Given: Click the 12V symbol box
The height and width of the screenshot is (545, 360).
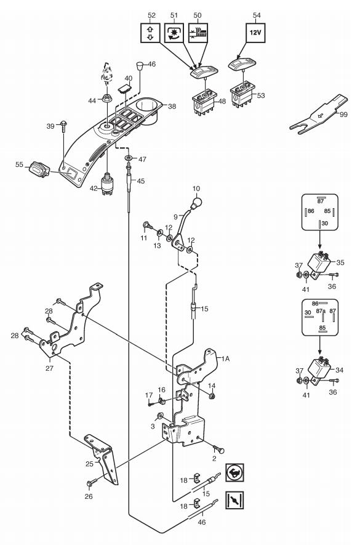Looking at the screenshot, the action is coord(255,33).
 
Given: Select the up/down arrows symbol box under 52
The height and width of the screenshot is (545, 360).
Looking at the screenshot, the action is coord(150,33).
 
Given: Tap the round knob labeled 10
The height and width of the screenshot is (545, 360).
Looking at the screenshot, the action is coord(197,202).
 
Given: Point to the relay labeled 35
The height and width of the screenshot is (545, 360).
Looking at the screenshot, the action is coord(318,260).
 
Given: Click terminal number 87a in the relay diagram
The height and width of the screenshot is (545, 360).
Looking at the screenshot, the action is coord(321,311).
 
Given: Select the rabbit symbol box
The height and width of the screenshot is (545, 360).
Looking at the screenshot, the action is coord(234,472).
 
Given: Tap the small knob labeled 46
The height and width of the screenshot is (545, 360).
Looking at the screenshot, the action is coord(140,66).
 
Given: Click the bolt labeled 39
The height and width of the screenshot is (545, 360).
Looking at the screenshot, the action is coord(63,126).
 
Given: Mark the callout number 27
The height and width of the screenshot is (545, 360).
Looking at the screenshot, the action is coord(49,368).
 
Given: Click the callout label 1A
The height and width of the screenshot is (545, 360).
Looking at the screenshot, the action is coord(225,358).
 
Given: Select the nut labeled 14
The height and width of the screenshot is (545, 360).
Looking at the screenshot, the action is coord(212,395).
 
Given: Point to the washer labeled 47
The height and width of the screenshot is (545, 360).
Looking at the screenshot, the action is coord(129,158).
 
